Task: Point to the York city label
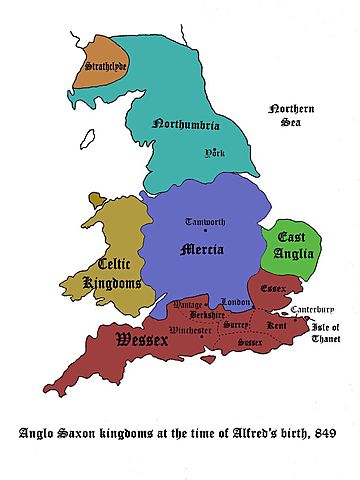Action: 214,153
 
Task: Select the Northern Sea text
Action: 290,116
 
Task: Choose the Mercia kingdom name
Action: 204,250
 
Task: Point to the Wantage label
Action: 181,303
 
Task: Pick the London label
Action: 235,302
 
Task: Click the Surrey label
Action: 232,326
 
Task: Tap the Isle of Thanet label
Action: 325,333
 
